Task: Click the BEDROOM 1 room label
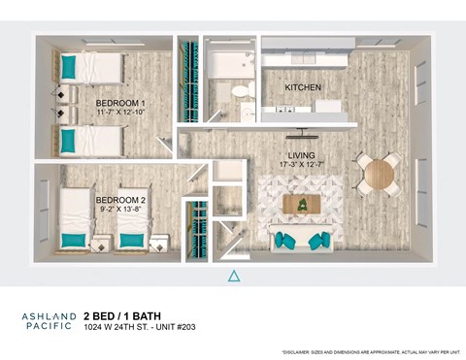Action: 120,103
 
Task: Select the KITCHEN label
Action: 303,87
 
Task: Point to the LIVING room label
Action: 302,155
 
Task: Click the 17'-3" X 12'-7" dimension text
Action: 302,165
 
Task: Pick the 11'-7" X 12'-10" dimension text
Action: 120,113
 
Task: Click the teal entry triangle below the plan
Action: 233,277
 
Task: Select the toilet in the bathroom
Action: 240,90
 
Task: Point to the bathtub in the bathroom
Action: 230,66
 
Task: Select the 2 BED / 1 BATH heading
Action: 121,315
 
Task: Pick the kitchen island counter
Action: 304,113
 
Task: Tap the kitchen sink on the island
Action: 287,110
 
